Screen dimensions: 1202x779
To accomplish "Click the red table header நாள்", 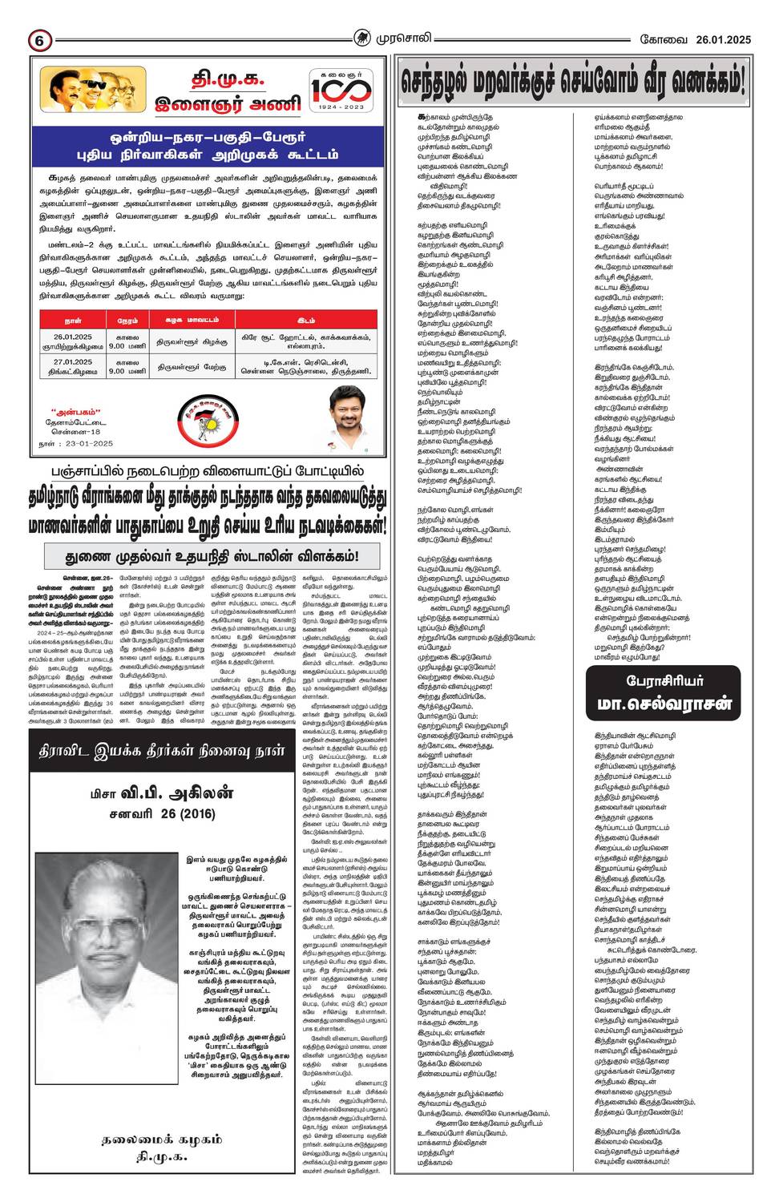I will tap(73, 320).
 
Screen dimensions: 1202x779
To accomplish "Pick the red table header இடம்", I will tap(305, 320).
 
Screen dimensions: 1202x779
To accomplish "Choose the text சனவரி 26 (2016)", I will tap(163, 813).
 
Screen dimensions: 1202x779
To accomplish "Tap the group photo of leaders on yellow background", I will tap(92, 90).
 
